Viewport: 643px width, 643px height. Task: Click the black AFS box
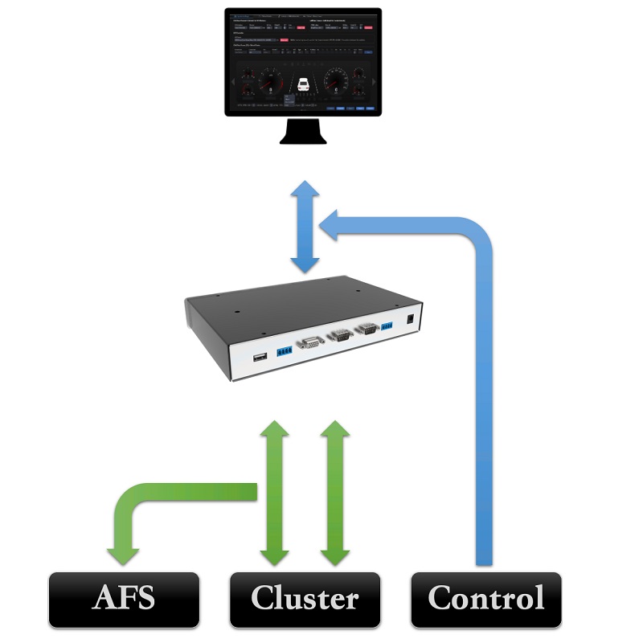coord(124,600)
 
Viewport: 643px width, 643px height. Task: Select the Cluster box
coord(305,600)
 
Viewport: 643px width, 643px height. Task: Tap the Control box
coord(485,600)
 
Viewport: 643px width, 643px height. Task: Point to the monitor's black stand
coord(303,130)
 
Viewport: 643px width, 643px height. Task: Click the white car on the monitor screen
coord(304,84)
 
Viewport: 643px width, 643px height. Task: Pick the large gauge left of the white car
coord(271,82)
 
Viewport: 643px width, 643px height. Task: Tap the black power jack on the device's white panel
coord(411,319)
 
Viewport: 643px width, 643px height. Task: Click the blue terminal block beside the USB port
coord(284,350)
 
